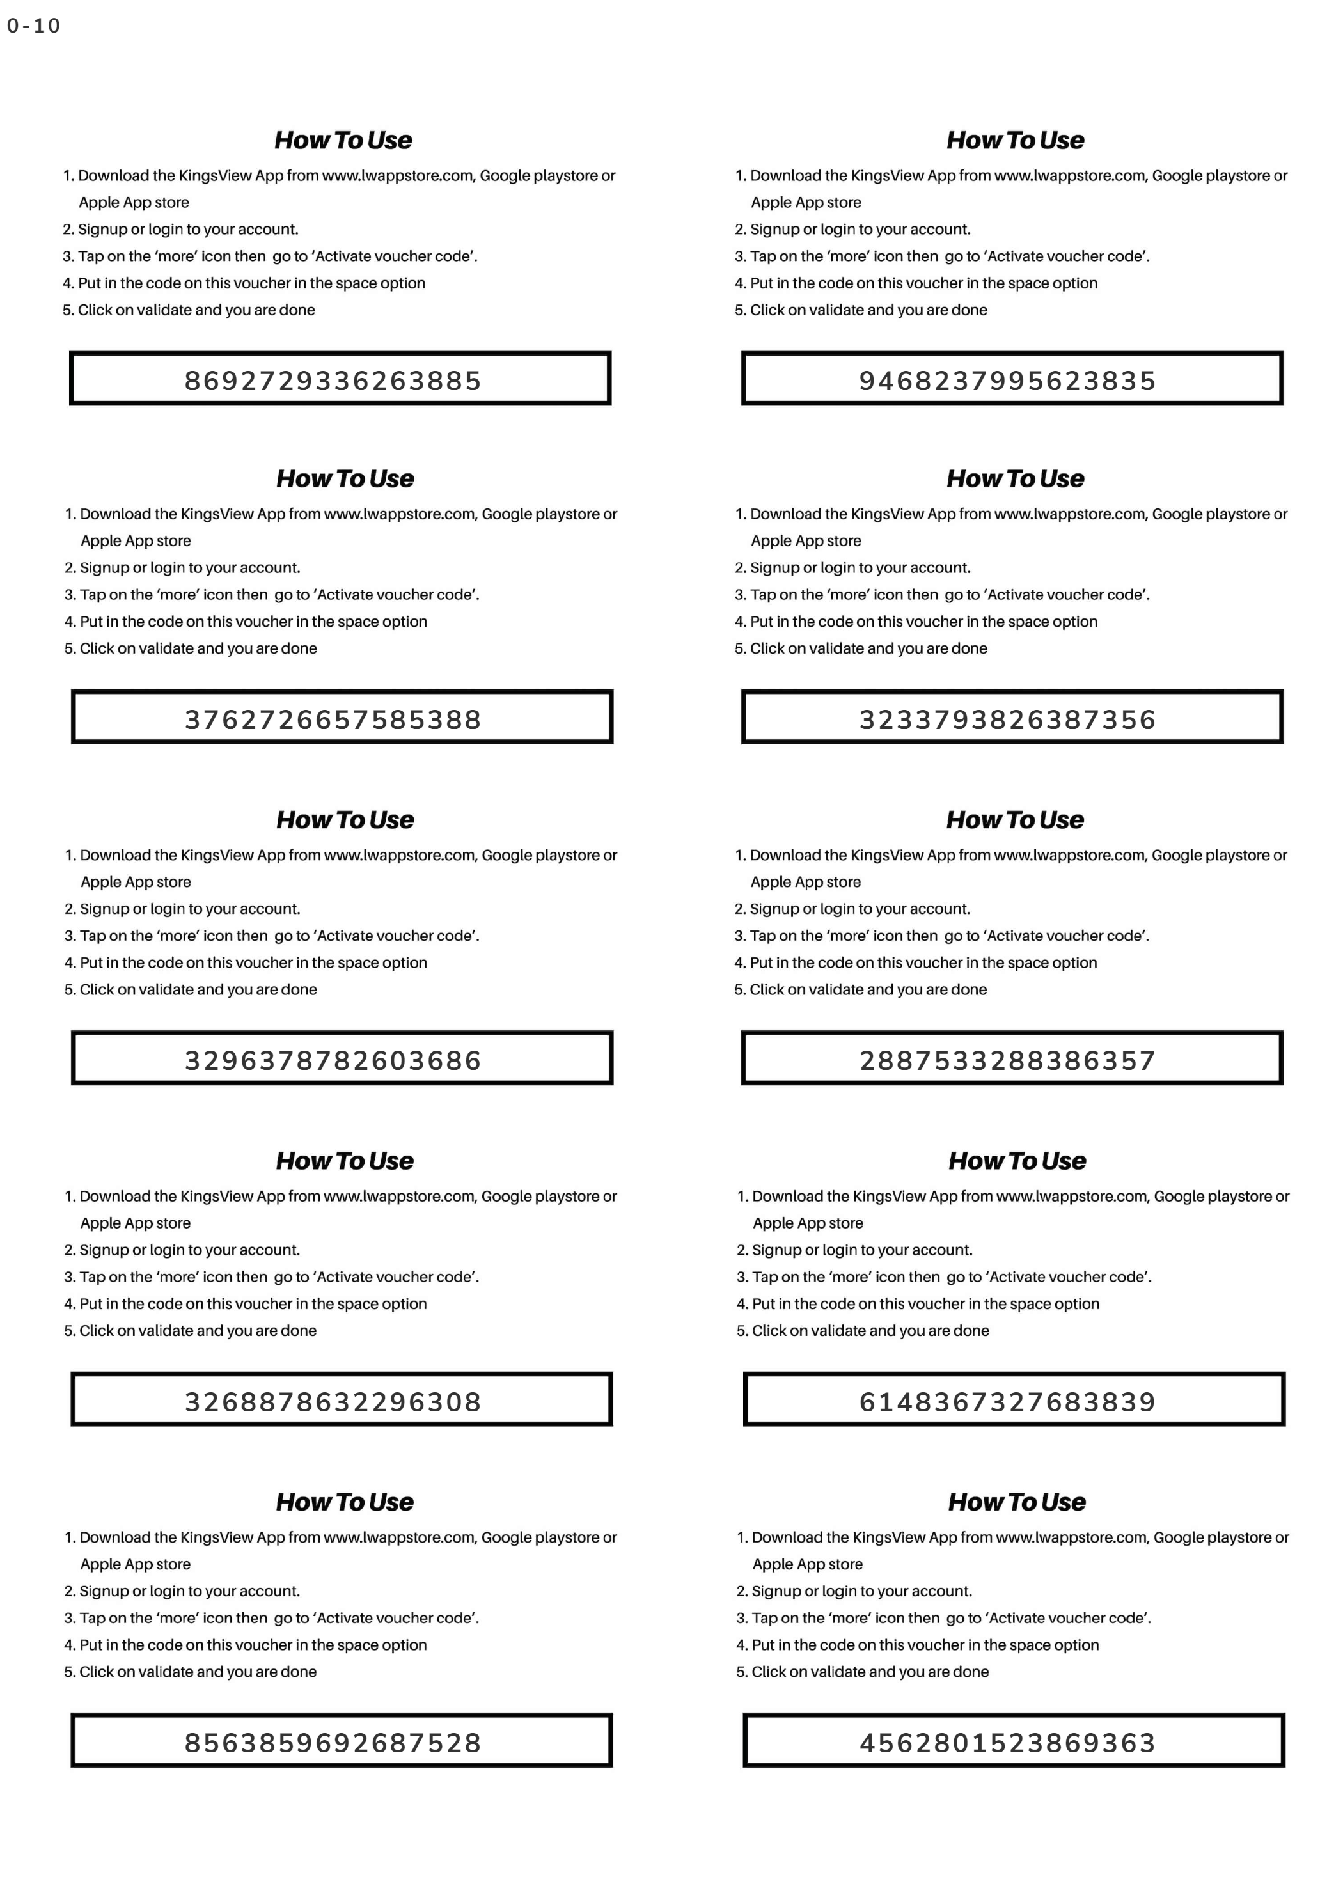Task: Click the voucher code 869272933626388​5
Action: pyautogui.click(x=333, y=381)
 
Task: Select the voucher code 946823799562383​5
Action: pyautogui.click(x=1007, y=381)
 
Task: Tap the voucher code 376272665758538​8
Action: pyautogui.click(x=333, y=719)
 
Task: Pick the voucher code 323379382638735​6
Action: pyautogui.click(x=1007, y=719)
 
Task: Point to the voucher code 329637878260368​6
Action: pyautogui.click(x=333, y=1060)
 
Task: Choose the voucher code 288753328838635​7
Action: pyautogui.click(x=1007, y=1060)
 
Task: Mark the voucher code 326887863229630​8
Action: pyautogui.click(x=333, y=1402)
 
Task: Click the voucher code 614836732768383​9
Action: pyautogui.click(x=1007, y=1402)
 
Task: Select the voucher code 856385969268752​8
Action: pyautogui.click(x=333, y=1743)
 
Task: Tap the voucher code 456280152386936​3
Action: pyautogui.click(x=1007, y=1743)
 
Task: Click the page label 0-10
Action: pyautogui.click(x=34, y=26)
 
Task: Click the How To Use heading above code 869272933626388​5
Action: pyautogui.click(x=343, y=140)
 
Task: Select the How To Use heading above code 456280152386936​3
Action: pyautogui.click(x=1017, y=1502)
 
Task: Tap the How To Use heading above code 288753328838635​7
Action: pyautogui.click(x=1016, y=819)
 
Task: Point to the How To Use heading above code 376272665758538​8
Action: pyautogui.click(x=345, y=478)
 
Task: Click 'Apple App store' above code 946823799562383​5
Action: pyautogui.click(x=806, y=203)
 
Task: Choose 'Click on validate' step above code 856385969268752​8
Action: pyautogui.click(x=191, y=1672)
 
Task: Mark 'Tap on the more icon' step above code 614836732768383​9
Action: pyautogui.click(x=944, y=1277)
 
